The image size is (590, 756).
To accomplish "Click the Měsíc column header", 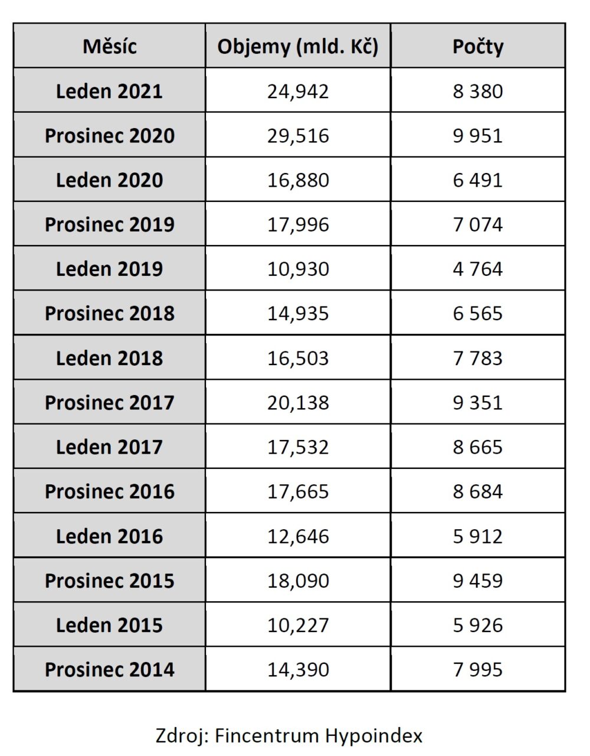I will (x=109, y=46).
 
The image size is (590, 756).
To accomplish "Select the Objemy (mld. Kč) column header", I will (x=297, y=47).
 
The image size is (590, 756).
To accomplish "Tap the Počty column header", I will (x=478, y=47).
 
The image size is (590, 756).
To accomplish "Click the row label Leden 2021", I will (x=109, y=91).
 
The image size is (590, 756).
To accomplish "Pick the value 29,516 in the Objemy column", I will (x=298, y=136).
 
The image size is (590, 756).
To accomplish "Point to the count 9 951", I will (x=478, y=136).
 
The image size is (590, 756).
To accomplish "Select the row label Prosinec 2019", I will (x=109, y=224).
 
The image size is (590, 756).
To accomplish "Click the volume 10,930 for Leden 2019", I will (x=298, y=269).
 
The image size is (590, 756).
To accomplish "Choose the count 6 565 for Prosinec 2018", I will (x=478, y=313).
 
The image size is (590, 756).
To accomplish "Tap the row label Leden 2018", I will (x=109, y=358).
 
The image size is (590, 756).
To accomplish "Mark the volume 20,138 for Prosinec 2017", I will (x=298, y=402).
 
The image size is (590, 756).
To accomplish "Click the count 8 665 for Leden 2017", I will (x=478, y=447).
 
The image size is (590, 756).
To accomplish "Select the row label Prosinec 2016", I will (x=109, y=491).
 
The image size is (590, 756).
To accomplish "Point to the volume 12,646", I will (x=298, y=536).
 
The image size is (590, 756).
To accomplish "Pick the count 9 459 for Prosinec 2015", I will (x=478, y=581).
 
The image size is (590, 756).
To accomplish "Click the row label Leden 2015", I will (x=109, y=625).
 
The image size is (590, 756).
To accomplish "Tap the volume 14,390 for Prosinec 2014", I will (x=298, y=670).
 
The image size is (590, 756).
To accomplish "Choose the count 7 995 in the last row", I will (x=478, y=670).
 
